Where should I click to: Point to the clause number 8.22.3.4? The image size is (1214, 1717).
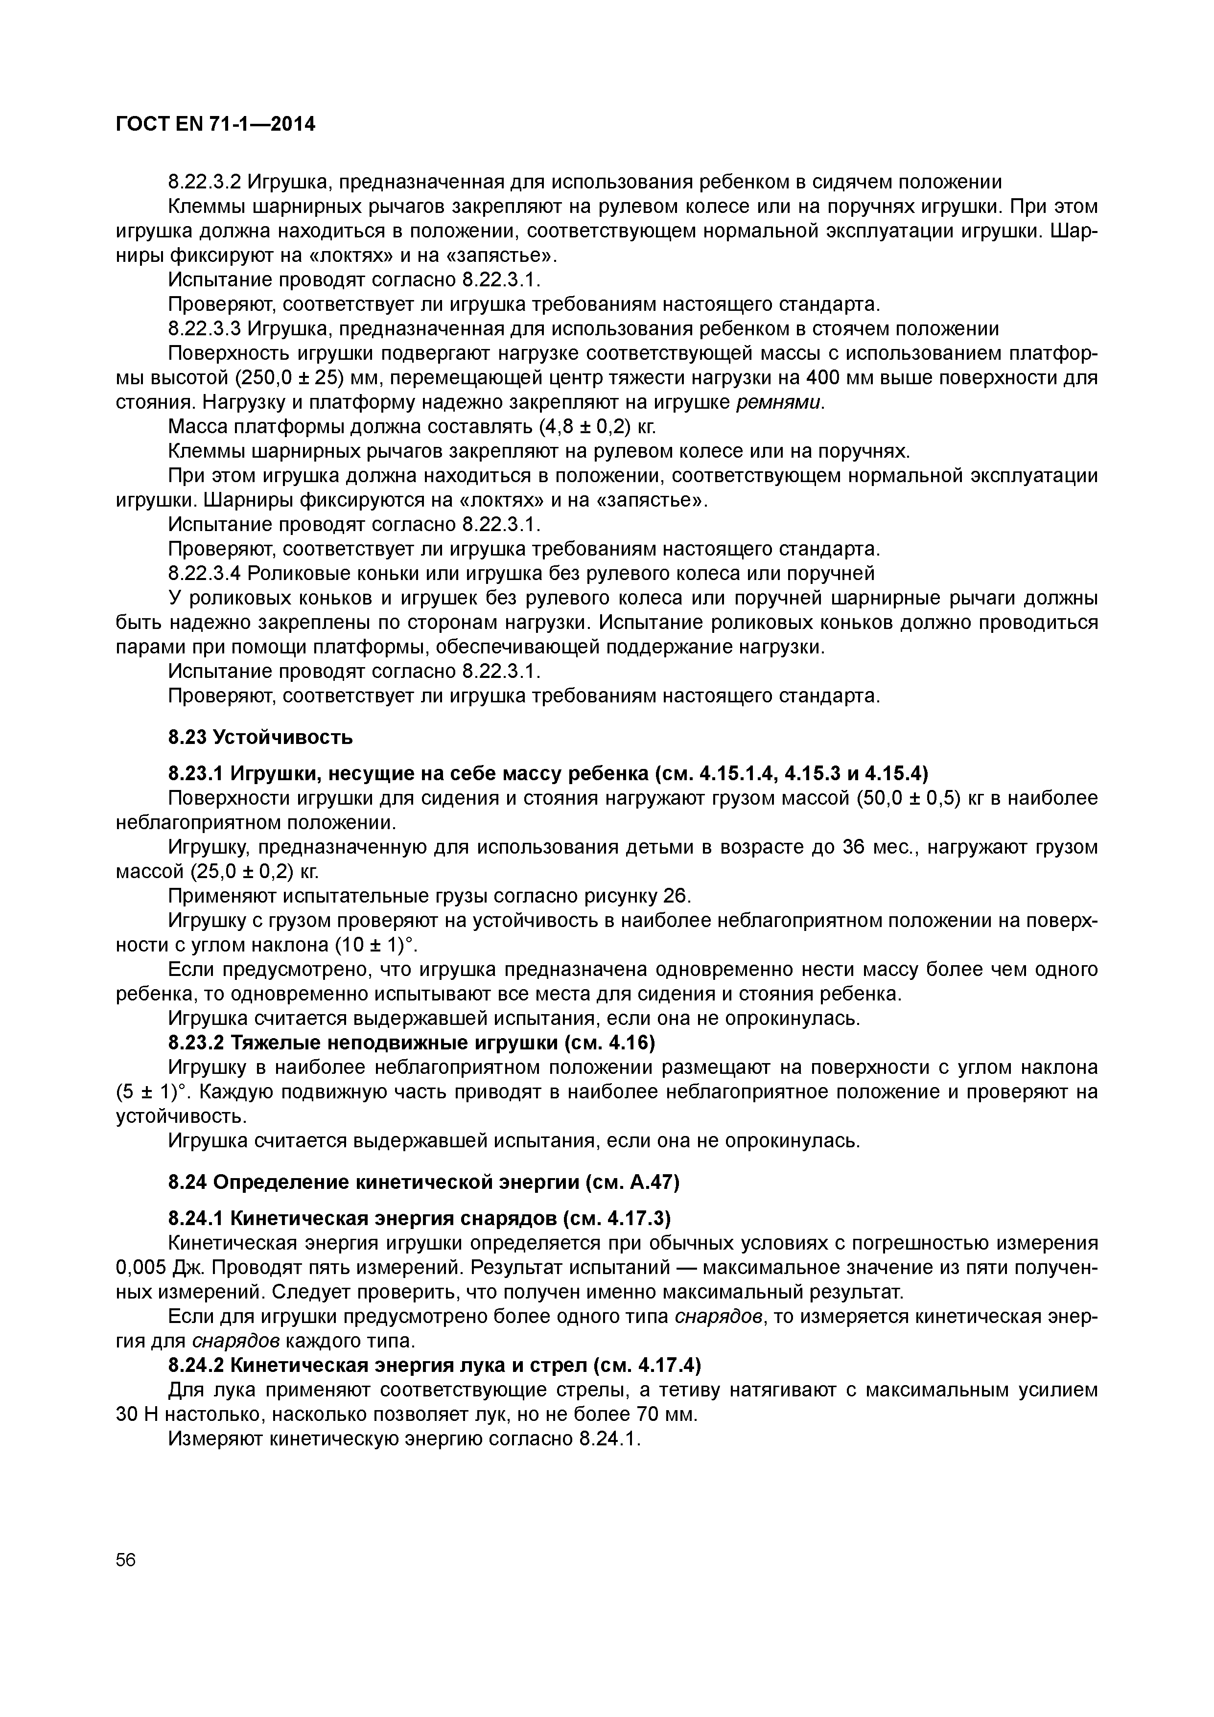204,574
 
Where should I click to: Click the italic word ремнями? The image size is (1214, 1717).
779,402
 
